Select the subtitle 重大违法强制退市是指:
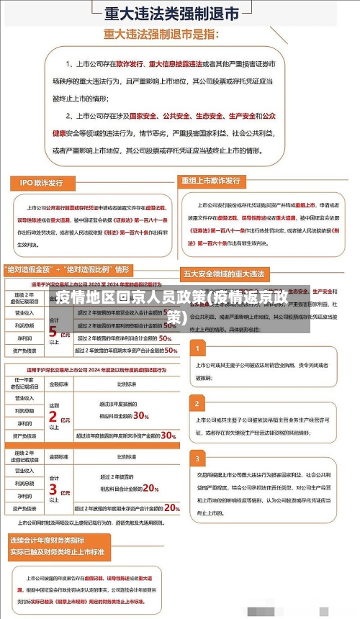[171, 34]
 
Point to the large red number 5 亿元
[55, 332]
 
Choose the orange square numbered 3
[196, 458]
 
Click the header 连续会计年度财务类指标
[48, 540]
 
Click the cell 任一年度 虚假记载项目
[24, 383]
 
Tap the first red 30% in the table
[141, 416]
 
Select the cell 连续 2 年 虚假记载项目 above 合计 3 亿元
[24, 456]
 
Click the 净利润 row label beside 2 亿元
[24, 424]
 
